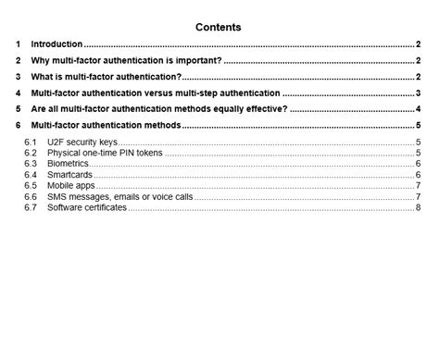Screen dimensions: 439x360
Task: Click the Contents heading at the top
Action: coord(219,27)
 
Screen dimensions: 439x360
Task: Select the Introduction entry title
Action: coord(56,43)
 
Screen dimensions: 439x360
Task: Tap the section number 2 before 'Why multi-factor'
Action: coord(19,60)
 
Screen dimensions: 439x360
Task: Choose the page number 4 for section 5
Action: coord(419,108)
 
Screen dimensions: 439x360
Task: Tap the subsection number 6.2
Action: coord(31,153)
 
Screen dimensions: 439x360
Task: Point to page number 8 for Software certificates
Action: coord(419,207)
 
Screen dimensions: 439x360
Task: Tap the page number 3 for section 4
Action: coord(419,93)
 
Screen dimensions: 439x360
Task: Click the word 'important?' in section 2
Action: coord(195,60)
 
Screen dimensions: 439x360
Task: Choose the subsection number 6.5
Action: coord(31,185)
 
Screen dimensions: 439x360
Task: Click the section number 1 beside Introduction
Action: coord(19,43)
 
